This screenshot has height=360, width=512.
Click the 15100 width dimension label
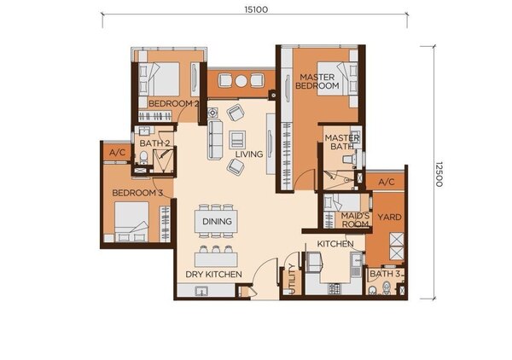[256, 9]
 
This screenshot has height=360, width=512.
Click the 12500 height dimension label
[439, 174]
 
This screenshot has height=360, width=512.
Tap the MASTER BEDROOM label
[317, 81]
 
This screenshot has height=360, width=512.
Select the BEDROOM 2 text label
[173, 104]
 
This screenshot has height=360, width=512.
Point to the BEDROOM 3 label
[137, 193]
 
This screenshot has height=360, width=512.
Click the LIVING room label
[249, 154]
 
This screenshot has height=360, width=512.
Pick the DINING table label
[217, 222]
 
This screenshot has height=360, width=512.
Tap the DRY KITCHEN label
[213, 275]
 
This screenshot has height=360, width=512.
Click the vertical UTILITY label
[292, 279]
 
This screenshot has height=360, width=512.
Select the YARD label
[389, 217]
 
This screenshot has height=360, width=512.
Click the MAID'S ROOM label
[355, 220]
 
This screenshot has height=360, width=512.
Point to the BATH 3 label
[385, 274]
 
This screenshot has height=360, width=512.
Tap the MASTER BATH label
[342, 142]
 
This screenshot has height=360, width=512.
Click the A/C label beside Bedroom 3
[117, 153]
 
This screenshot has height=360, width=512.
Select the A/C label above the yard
[387, 182]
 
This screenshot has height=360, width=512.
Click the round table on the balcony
[241, 81]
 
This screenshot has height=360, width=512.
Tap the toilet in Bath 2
[143, 158]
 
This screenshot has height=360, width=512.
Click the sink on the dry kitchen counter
[201, 291]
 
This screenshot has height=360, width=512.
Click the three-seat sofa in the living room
[215, 140]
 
